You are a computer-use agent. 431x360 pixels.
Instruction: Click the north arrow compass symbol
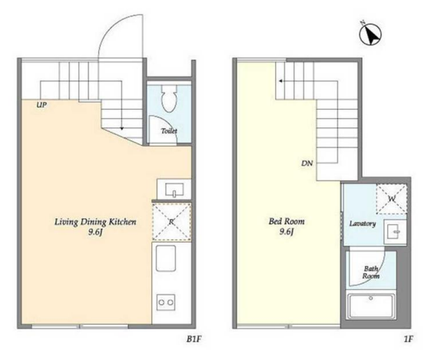(371, 34)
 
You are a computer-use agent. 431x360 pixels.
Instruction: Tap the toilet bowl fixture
(169, 98)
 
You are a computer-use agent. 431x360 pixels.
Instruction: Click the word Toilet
(169, 131)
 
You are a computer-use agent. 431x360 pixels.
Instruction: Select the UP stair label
(41, 104)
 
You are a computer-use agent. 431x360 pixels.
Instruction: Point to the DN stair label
(307, 163)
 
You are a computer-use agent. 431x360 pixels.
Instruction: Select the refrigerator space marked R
(171, 222)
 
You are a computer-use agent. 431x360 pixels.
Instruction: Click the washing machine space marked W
(391, 199)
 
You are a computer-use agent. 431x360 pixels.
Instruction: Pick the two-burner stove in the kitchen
(166, 302)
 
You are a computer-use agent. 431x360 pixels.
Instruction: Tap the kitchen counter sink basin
(166, 259)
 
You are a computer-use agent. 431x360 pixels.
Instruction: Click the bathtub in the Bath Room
(371, 306)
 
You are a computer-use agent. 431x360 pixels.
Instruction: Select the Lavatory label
(363, 223)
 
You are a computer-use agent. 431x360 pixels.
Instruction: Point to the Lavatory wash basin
(395, 232)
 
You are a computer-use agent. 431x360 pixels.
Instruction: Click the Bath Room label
(371, 272)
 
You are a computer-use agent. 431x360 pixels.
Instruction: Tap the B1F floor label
(194, 339)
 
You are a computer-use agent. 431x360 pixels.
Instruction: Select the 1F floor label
(409, 339)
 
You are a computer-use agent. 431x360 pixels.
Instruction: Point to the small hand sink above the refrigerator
(174, 190)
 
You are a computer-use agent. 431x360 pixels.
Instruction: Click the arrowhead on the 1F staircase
(280, 81)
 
